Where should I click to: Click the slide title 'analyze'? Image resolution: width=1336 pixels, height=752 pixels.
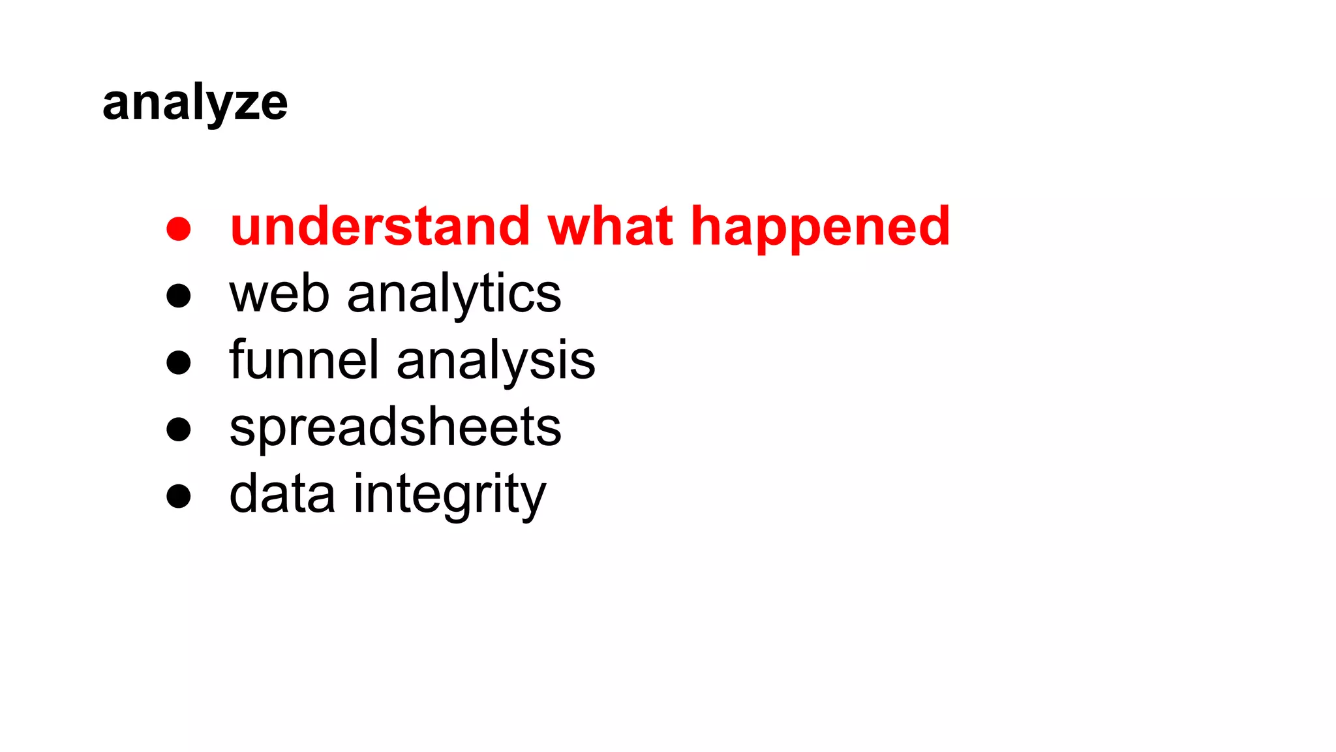pos(195,103)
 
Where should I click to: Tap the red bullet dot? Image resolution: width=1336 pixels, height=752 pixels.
pos(178,229)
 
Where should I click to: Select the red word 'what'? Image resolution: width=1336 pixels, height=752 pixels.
pos(610,227)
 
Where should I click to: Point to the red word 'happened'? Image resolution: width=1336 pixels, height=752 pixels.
pos(820,228)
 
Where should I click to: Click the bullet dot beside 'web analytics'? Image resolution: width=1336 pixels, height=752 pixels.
pos(178,295)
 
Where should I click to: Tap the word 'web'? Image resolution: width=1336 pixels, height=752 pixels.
pos(279,294)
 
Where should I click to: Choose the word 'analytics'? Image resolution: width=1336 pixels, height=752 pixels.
pos(454,296)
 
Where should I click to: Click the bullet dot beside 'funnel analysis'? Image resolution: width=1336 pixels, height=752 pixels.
pos(178,362)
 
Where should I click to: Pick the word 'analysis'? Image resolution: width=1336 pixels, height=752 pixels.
pos(496,362)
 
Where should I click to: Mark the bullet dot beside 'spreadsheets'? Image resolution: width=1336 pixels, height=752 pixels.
pos(178,430)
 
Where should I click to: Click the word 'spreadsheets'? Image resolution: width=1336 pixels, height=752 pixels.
pos(395,429)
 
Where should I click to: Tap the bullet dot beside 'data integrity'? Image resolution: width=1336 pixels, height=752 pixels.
pos(178,495)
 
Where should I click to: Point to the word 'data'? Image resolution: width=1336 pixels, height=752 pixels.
pos(282,494)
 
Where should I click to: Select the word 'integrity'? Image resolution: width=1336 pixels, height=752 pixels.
pos(449,495)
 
